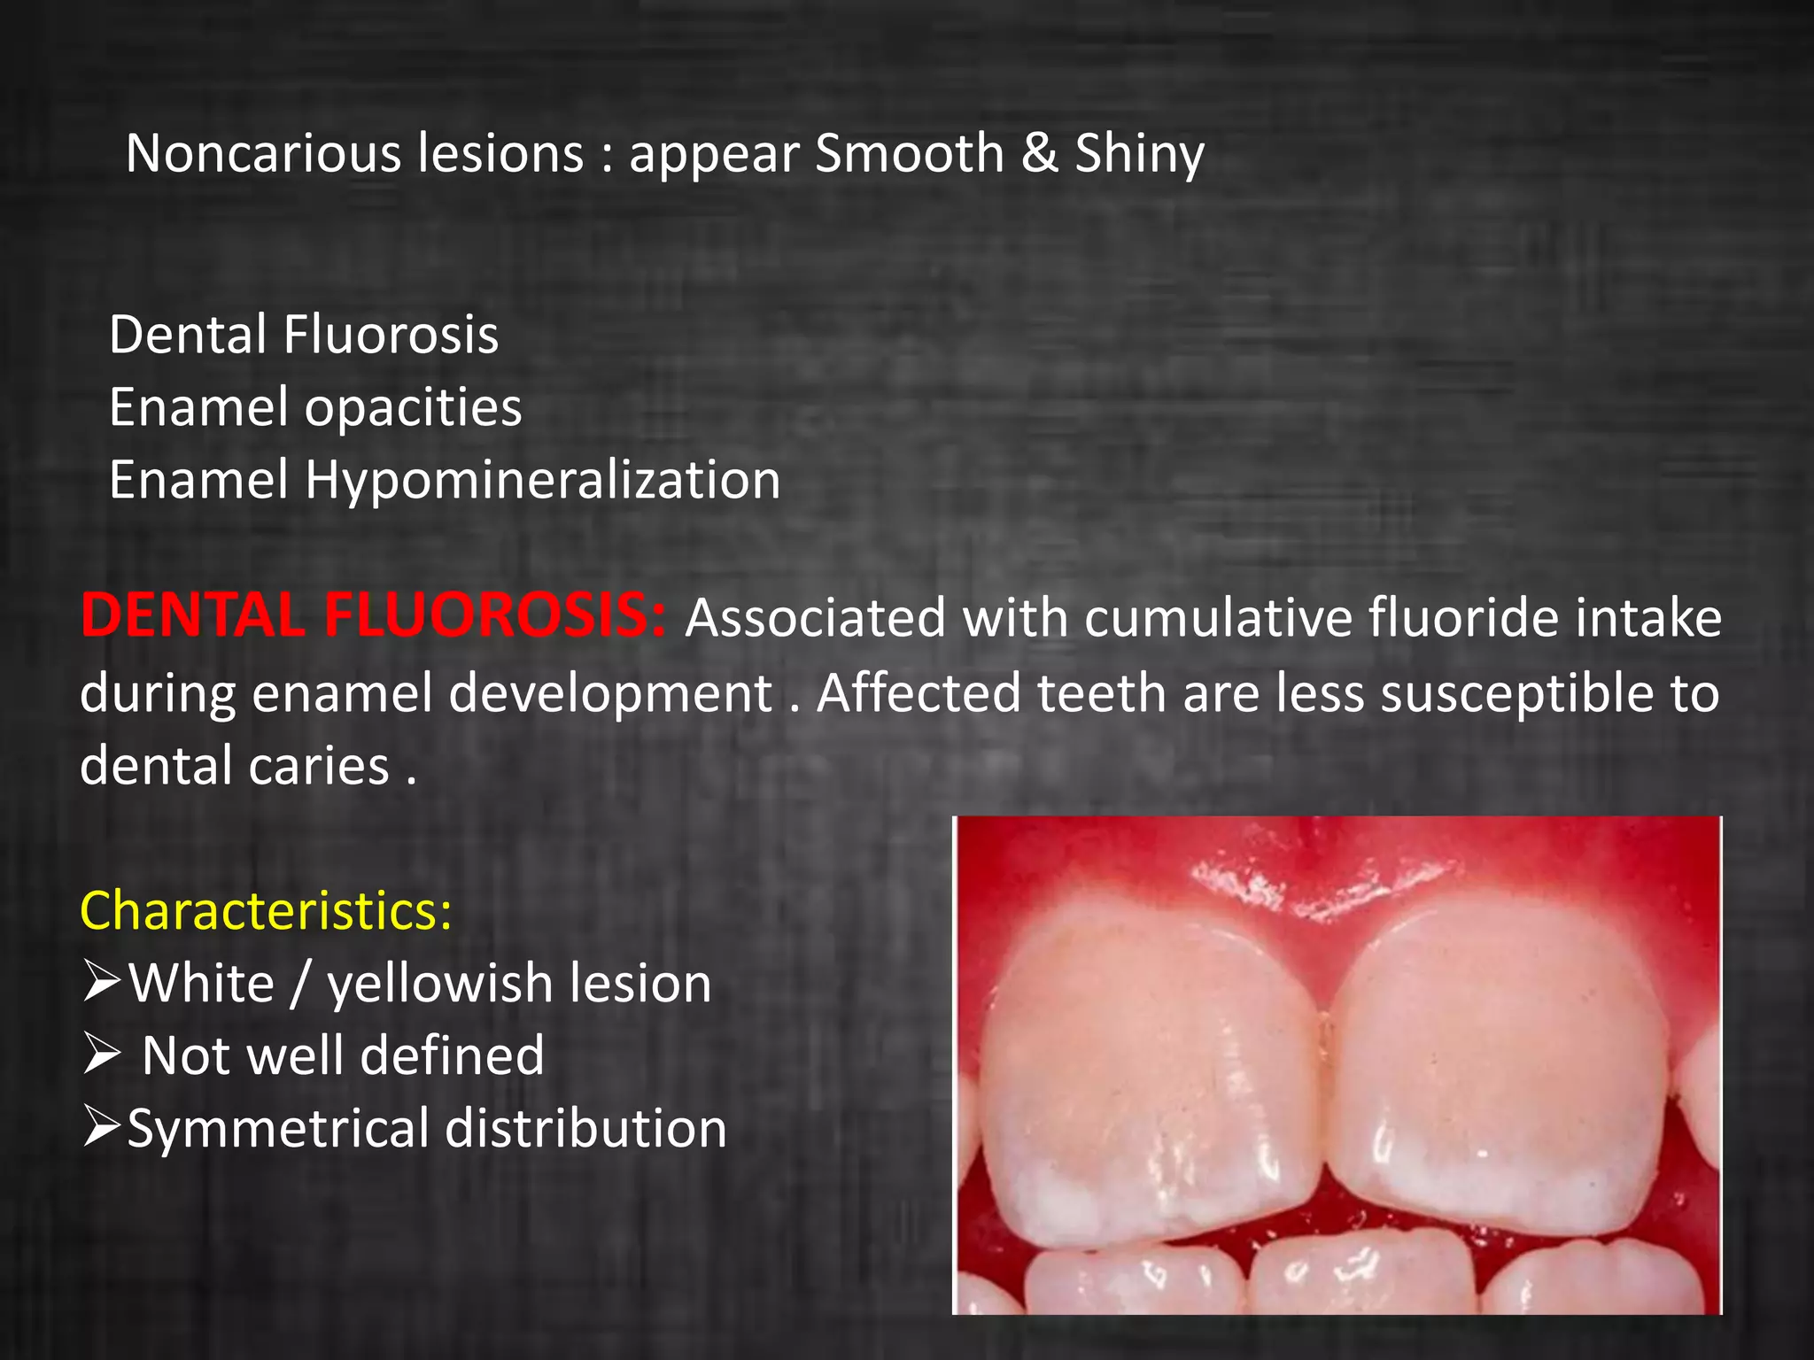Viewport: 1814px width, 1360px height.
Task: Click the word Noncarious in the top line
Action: (264, 153)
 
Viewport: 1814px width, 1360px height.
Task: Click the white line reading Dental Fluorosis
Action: (304, 335)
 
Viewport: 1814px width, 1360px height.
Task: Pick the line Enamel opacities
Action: (315, 407)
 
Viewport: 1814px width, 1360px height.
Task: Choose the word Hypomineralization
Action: (542, 481)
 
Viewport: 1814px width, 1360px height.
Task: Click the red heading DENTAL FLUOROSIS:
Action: (372, 614)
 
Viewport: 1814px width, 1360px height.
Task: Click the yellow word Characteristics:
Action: (266, 910)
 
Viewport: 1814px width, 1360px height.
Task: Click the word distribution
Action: (585, 1129)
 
